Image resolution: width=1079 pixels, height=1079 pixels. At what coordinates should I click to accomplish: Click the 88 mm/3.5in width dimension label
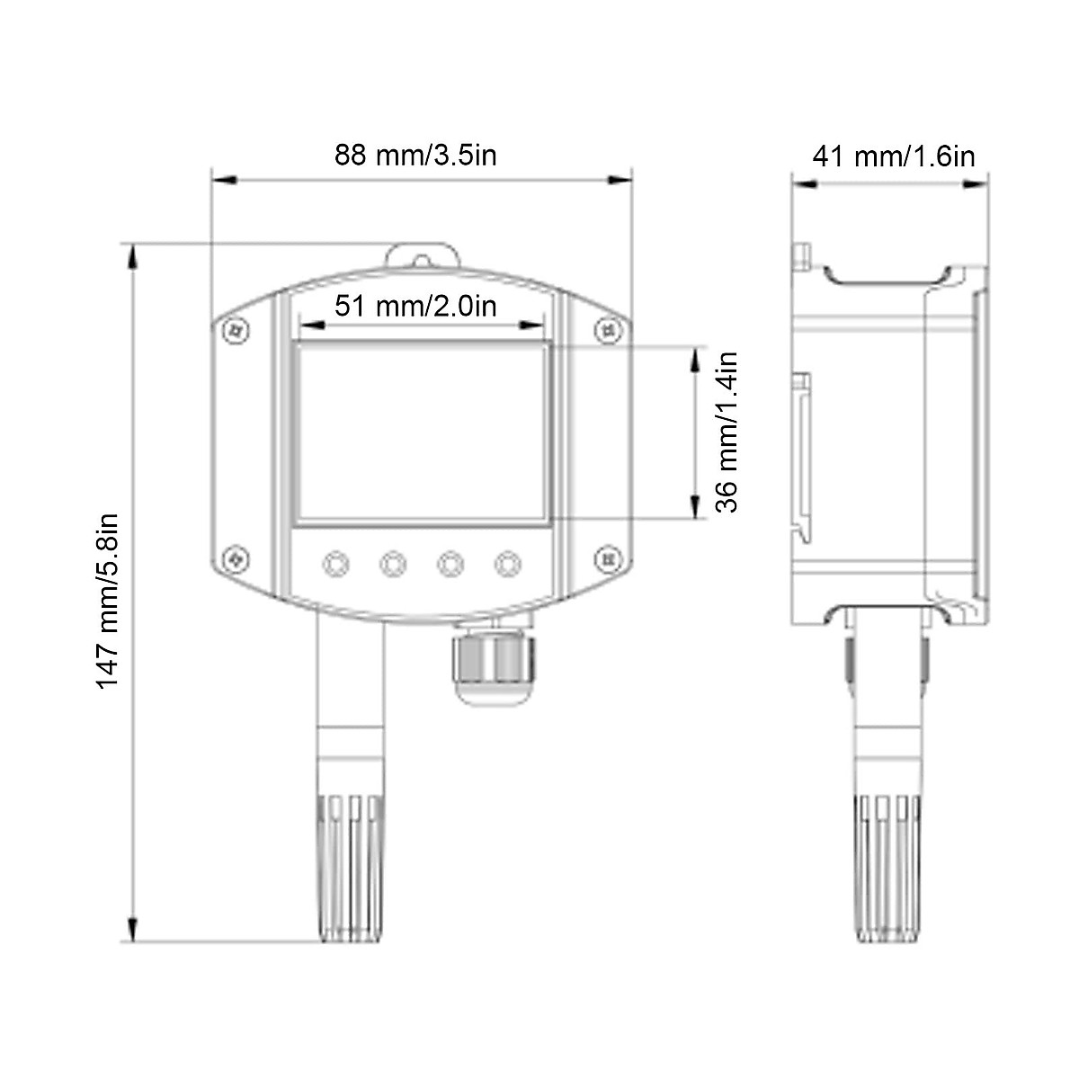coord(415,155)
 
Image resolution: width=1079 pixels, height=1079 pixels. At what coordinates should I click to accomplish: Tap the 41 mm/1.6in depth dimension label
coord(893,156)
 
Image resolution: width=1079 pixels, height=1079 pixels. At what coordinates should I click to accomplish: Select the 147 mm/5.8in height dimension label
coord(108,600)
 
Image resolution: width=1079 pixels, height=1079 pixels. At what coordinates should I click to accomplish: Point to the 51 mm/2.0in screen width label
coord(415,306)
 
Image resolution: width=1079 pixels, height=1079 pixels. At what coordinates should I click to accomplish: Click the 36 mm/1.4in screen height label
coord(727,432)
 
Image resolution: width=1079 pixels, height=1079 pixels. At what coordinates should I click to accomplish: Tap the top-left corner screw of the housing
coord(236,330)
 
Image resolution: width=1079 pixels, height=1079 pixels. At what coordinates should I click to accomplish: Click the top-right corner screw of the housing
coord(609,329)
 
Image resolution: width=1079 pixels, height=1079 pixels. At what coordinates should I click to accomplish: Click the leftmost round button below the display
coord(335,564)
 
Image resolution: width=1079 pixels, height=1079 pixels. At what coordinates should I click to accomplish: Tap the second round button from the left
coord(393,564)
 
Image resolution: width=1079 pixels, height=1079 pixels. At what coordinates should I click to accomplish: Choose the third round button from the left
coord(450,564)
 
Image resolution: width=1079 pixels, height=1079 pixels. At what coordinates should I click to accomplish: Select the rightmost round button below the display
coord(507,564)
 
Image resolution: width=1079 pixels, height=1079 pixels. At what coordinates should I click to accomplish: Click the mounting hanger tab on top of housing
coord(422,255)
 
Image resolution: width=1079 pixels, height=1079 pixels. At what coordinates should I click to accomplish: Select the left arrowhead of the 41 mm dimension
coord(803,183)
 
